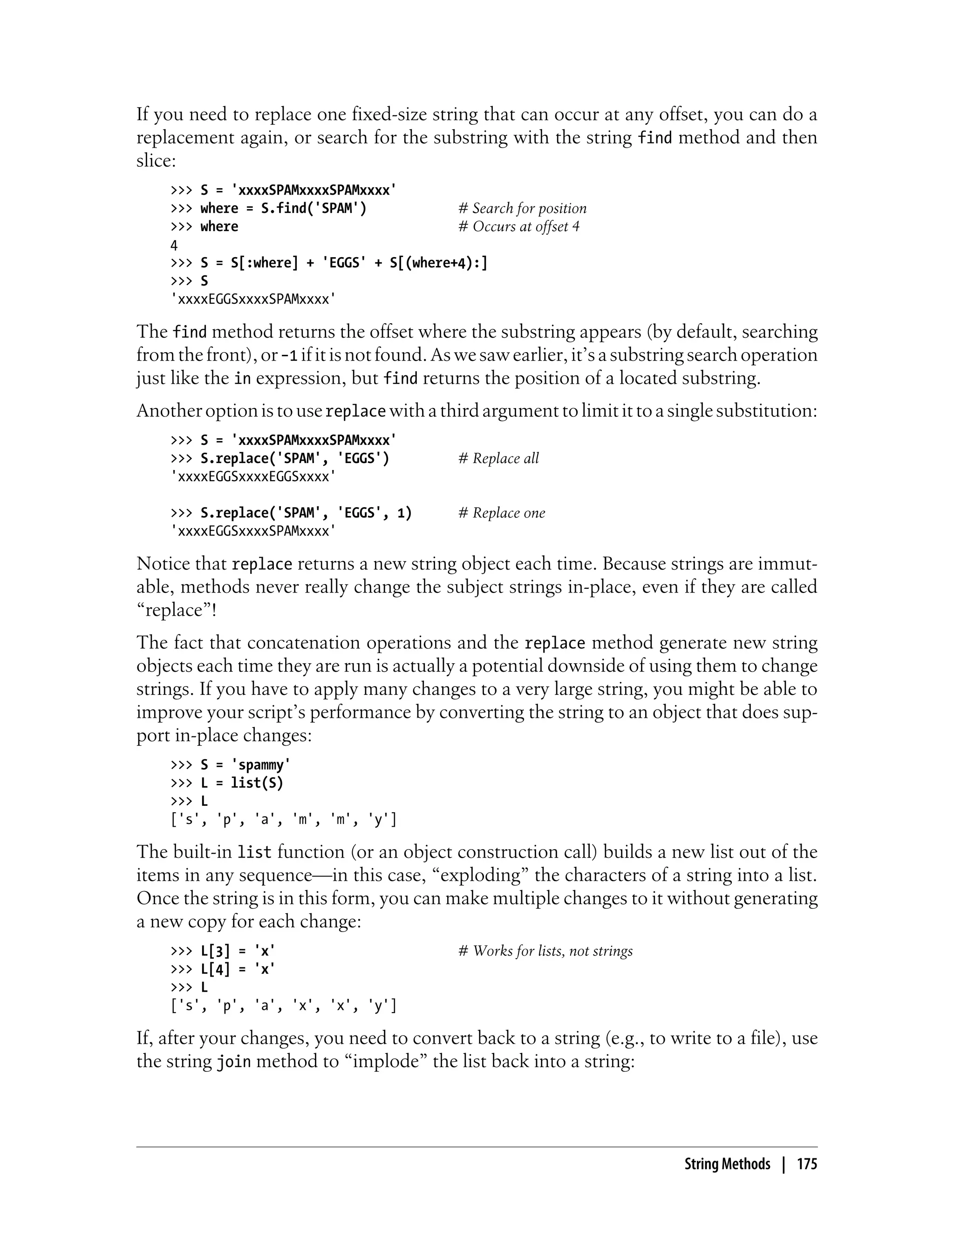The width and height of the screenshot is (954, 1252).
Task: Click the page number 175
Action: coord(807,1164)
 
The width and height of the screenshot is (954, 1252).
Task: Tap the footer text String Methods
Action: coord(727,1164)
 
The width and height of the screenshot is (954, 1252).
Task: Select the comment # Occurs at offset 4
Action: coord(519,226)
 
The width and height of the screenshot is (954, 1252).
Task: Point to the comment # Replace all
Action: coord(498,458)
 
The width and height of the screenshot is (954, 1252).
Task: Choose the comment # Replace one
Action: coord(501,513)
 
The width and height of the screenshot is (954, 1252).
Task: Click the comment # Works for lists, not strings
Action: coord(545,951)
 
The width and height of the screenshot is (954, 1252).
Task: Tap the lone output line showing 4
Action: coord(174,245)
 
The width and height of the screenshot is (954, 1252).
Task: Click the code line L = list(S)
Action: coord(227,783)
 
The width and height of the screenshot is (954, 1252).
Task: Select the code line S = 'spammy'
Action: coord(231,765)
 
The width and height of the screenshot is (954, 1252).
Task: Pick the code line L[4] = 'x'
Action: coord(223,969)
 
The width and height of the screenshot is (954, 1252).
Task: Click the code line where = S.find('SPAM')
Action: coord(269,208)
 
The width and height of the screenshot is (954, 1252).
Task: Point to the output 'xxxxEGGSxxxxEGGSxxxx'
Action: coord(253,476)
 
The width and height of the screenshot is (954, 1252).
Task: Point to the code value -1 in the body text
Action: coord(290,355)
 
